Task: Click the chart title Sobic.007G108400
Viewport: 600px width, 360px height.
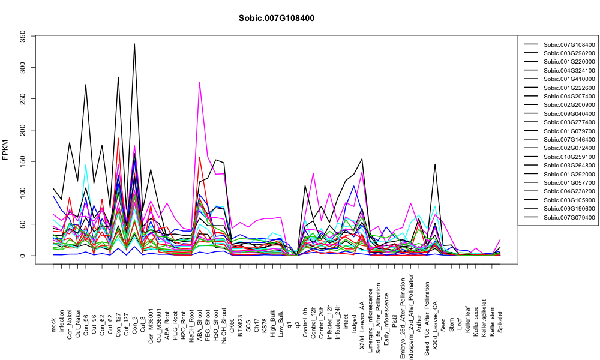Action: tap(277, 19)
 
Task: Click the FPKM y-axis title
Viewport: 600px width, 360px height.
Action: tap(5, 150)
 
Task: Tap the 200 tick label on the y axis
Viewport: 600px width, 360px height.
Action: tap(23, 130)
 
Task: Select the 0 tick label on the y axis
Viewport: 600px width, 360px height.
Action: tap(23, 256)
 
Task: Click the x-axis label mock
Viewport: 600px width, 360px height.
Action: tap(53, 326)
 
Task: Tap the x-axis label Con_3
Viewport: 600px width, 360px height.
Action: tap(134, 324)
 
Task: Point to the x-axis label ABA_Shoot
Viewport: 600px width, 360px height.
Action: tap(199, 318)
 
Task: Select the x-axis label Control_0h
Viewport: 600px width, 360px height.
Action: tap(305, 317)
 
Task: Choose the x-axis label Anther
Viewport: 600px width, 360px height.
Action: tap(419, 323)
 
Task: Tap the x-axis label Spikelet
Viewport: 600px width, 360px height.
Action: tap(500, 322)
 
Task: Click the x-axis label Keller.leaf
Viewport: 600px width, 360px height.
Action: tap(467, 319)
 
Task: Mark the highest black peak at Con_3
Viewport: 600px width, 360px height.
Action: tap(134, 44)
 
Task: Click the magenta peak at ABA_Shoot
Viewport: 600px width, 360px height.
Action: tap(199, 82)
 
